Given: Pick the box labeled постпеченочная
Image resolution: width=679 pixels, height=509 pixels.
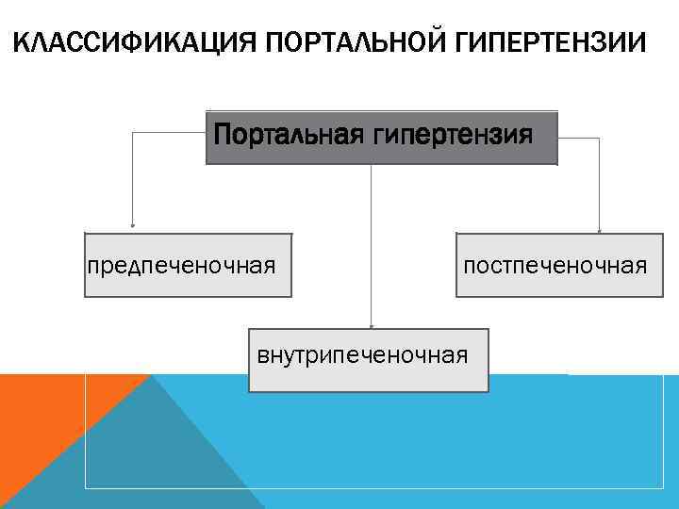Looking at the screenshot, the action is [x=555, y=265].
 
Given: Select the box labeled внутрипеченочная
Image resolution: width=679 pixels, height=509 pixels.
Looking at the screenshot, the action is [x=368, y=359].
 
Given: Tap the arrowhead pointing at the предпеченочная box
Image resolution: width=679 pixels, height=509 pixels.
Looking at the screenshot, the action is [x=132, y=226].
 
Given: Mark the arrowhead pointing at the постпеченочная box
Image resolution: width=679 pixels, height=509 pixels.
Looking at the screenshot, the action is [x=600, y=229].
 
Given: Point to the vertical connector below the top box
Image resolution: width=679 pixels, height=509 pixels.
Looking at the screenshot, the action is [x=372, y=245].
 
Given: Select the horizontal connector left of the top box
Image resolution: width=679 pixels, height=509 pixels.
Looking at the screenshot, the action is [x=170, y=133].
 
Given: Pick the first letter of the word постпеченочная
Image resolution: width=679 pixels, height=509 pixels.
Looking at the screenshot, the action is [x=467, y=266].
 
